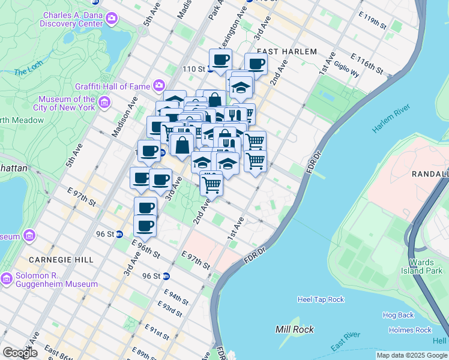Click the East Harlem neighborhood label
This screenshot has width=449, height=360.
tap(286, 52)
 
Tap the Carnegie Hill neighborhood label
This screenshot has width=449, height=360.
tap(61, 260)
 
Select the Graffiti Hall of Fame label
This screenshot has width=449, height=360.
tap(113, 86)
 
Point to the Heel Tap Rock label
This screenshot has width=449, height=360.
tap(321, 299)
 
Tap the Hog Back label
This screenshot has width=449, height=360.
tap(398, 315)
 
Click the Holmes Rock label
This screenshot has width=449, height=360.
tap(410, 330)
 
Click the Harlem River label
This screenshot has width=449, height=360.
tap(390, 124)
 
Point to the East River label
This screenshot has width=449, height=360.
tap(345, 342)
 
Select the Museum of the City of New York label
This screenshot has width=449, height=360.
tap(66, 103)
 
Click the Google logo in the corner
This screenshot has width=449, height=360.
tap(20, 353)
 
